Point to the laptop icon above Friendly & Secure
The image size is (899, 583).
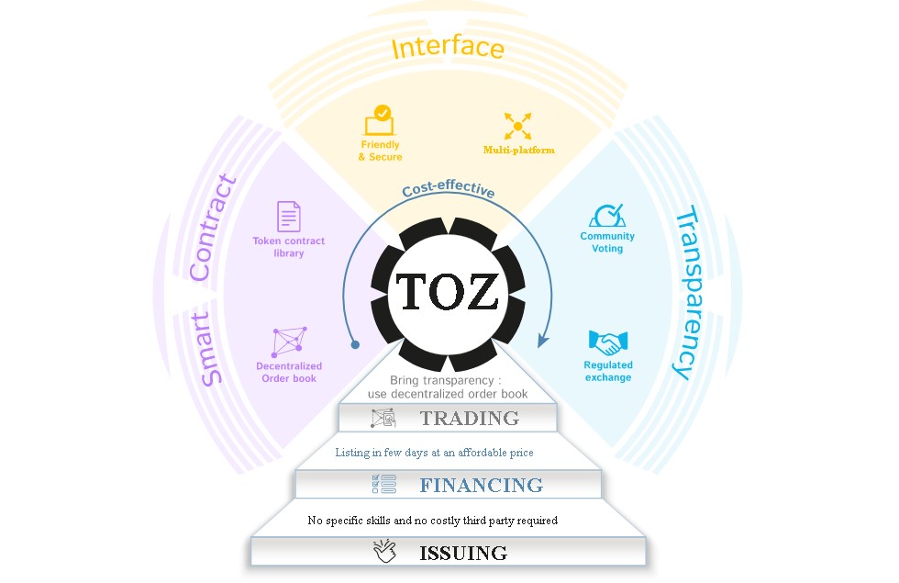[x=379, y=120]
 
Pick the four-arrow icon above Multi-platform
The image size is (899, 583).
[x=517, y=126]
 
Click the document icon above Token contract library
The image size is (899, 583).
[x=289, y=217]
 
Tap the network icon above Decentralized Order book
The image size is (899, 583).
[x=289, y=341]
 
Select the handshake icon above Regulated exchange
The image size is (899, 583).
[x=607, y=343]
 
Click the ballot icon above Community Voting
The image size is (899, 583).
[x=607, y=216]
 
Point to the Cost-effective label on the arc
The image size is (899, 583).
[x=449, y=191]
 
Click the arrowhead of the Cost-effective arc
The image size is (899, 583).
[x=542, y=342]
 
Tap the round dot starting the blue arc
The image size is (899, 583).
[x=355, y=345]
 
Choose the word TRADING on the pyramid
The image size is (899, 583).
[x=469, y=419]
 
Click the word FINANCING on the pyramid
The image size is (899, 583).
[x=481, y=485]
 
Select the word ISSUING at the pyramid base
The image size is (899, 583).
[x=462, y=553]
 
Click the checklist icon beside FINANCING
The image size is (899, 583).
[x=383, y=484]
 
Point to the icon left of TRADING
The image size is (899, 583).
[x=383, y=419]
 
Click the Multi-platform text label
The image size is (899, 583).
[x=518, y=150]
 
